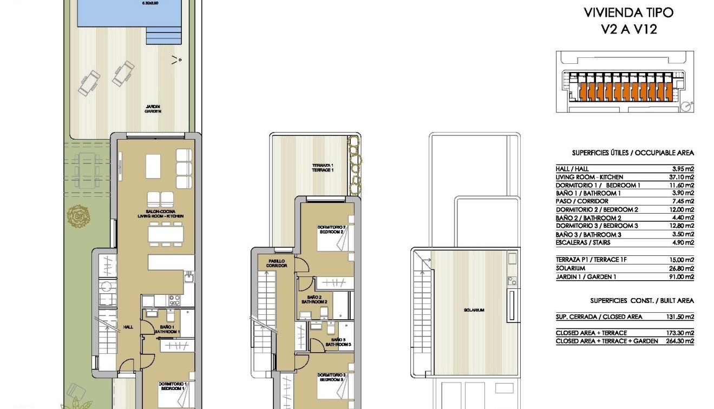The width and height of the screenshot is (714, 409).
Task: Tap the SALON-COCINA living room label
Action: pyautogui.click(x=160, y=214)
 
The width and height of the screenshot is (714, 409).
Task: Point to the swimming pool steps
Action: pyautogui.click(x=164, y=36)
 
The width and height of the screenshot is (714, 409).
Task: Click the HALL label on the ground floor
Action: pyautogui.click(x=128, y=327)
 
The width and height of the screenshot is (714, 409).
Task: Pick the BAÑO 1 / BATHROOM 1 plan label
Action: pyautogui.click(x=167, y=329)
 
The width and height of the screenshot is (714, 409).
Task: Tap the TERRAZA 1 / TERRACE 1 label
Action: pyautogui.click(x=323, y=168)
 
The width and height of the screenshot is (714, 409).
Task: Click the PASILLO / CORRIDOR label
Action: pyautogui.click(x=276, y=263)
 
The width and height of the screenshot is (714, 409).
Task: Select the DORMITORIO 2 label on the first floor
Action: pyautogui.click(x=332, y=229)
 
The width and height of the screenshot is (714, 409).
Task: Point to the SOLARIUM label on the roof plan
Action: pyautogui.click(x=474, y=310)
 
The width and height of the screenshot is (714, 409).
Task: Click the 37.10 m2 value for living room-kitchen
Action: pyautogui.click(x=682, y=177)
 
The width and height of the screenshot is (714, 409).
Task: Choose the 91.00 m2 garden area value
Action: pyautogui.click(x=682, y=277)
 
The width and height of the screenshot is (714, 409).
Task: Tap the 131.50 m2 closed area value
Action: pyautogui.click(x=680, y=317)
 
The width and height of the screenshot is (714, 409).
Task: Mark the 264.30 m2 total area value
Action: pyautogui.click(x=680, y=341)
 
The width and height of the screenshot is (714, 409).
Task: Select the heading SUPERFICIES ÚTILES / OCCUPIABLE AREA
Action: pyautogui.click(x=632, y=153)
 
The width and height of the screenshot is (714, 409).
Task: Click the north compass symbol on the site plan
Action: pyautogui.click(x=687, y=106)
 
